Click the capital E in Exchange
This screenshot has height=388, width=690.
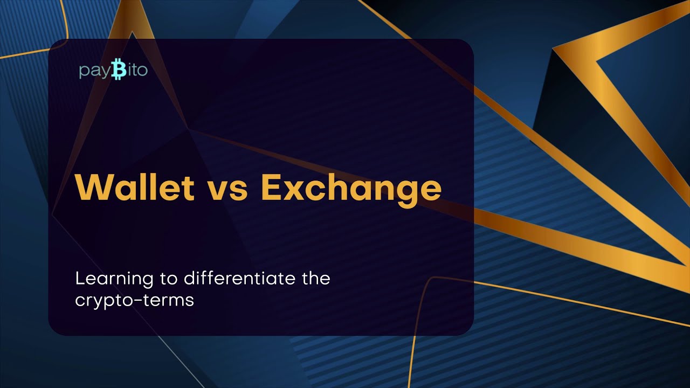coord(272,188)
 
